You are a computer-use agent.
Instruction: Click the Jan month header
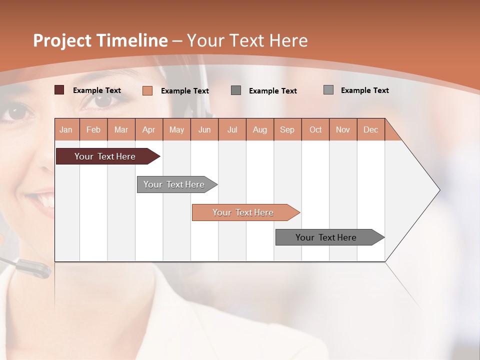[66, 129]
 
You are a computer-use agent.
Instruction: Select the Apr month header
[148, 129]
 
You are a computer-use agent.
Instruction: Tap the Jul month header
[232, 129]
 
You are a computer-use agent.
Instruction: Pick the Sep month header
[287, 129]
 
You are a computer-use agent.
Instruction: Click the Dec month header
[370, 129]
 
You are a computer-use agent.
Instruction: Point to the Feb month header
[93, 129]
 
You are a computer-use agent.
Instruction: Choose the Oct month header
[315, 129]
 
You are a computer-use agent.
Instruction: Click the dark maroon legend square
[59, 90]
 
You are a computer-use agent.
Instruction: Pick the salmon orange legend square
[147, 90]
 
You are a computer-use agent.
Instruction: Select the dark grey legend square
[236, 90]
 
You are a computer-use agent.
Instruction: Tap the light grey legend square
[328, 90]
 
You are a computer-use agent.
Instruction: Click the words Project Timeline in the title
[100, 40]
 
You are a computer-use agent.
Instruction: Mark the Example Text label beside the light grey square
[364, 90]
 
